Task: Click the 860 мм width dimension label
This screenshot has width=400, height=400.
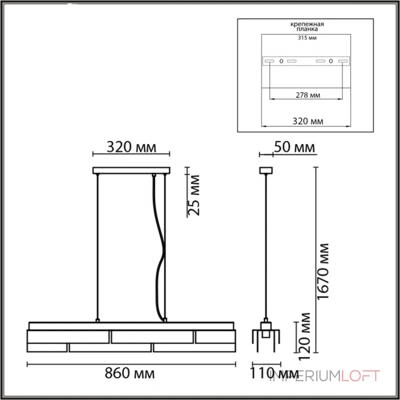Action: [x=129, y=373]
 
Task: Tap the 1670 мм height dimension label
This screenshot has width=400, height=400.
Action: [x=322, y=271]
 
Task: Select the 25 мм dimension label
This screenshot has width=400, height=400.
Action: [x=193, y=195]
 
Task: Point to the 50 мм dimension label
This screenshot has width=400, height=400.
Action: [x=294, y=147]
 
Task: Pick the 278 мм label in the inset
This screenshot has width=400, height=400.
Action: [x=307, y=95]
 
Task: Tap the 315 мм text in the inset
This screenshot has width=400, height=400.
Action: [x=307, y=38]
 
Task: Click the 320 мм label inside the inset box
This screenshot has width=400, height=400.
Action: [x=307, y=121]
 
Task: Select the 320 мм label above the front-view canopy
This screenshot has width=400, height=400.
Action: [x=131, y=147]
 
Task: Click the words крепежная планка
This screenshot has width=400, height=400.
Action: [x=307, y=26]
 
